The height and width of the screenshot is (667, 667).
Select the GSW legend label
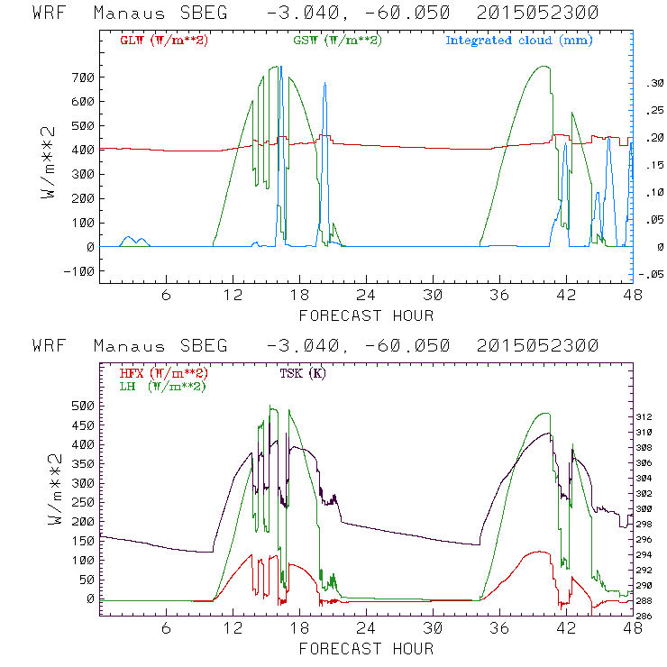pos(337,41)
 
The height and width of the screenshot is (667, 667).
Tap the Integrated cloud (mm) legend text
pos(519,41)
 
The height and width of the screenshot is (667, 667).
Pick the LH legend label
pos(163,386)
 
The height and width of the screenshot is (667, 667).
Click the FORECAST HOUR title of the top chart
pos(366,315)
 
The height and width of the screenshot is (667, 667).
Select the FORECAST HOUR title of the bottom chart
pos(366,649)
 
